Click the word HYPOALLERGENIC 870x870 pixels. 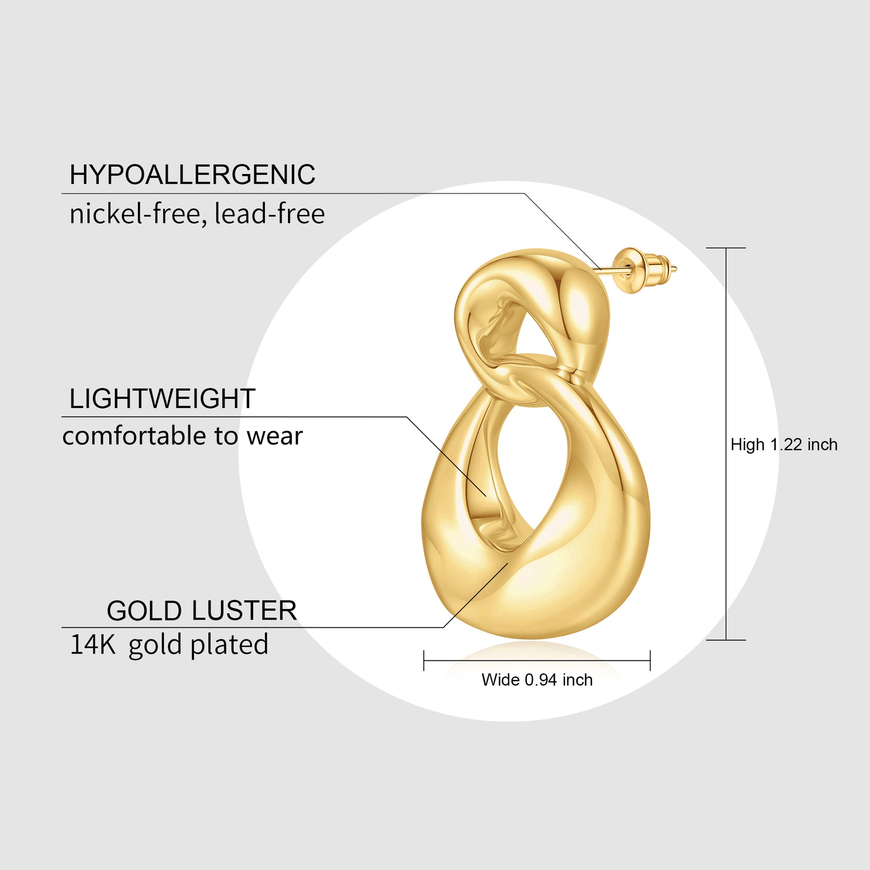pyautogui.click(x=192, y=174)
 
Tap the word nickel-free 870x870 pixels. pyautogui.click(x=135, y=214)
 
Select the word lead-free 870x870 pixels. pyautogui.click(x=269, y=214)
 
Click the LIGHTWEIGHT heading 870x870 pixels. pyautogui.click(x=162, y=399)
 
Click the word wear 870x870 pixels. pyautogui.click(x=274, y=436)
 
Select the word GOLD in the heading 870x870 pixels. pyautogui.click(x=145, y=611)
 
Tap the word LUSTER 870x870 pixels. pyautogui.click(x=243, y=611)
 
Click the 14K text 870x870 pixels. pyautogui.click(x=93, y=644)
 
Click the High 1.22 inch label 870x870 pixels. pyautogui.click(x=783, y=445)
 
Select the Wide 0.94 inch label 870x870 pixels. pyautogui.click(x=537, y=680)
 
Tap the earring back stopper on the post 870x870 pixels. pyautogui.click(x=640, y=270)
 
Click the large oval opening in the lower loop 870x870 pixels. pyautogui.click(x=530, y=469)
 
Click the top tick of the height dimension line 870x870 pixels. pyautogui.click(x=726, y=248)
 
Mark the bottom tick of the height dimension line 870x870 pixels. pyautogui.click(x=726, y=640)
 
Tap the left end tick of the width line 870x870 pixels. pyautogui.click(x=424, y=660)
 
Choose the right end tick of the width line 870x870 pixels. pyautogui.click(x=650, y=660)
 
